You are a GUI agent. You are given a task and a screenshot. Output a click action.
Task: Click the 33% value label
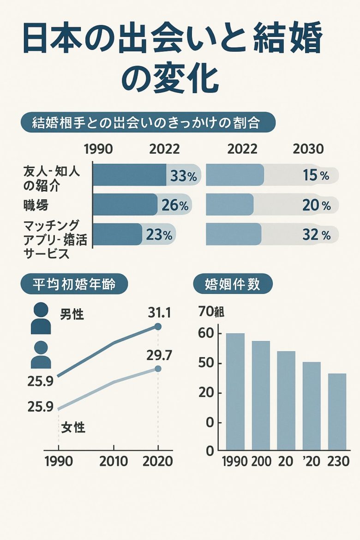tap(183, 176)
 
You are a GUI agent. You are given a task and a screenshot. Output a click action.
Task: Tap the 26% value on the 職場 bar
tap(175, 205)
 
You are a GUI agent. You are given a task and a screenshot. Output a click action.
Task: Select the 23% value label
tap(159, 235)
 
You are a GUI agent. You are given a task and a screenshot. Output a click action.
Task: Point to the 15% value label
tap(316, 176)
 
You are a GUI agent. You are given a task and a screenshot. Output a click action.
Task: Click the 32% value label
tap(317, 235)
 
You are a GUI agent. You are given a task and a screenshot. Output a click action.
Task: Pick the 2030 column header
tap(308, 149)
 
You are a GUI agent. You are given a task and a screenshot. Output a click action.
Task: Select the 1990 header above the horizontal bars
tap(98, 149)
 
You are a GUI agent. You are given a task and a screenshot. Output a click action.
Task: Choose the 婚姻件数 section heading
tap(232, 284)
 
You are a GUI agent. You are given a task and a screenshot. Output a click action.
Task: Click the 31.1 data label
tap(159, 313)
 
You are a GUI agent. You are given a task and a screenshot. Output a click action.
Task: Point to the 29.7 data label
tap(159, 355)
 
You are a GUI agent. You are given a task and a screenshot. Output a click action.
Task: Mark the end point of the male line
tap(158, 327)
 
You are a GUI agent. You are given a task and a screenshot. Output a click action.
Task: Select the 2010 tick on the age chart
tap(114, 461)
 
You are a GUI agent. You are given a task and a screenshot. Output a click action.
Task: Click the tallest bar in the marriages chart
tap(235, 391)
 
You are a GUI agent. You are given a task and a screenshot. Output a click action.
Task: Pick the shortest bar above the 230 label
tap(337, 411)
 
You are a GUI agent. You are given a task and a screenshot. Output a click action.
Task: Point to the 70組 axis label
tap(211, 312)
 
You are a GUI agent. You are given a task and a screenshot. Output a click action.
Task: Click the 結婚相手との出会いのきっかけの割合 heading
tap(148, 123)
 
